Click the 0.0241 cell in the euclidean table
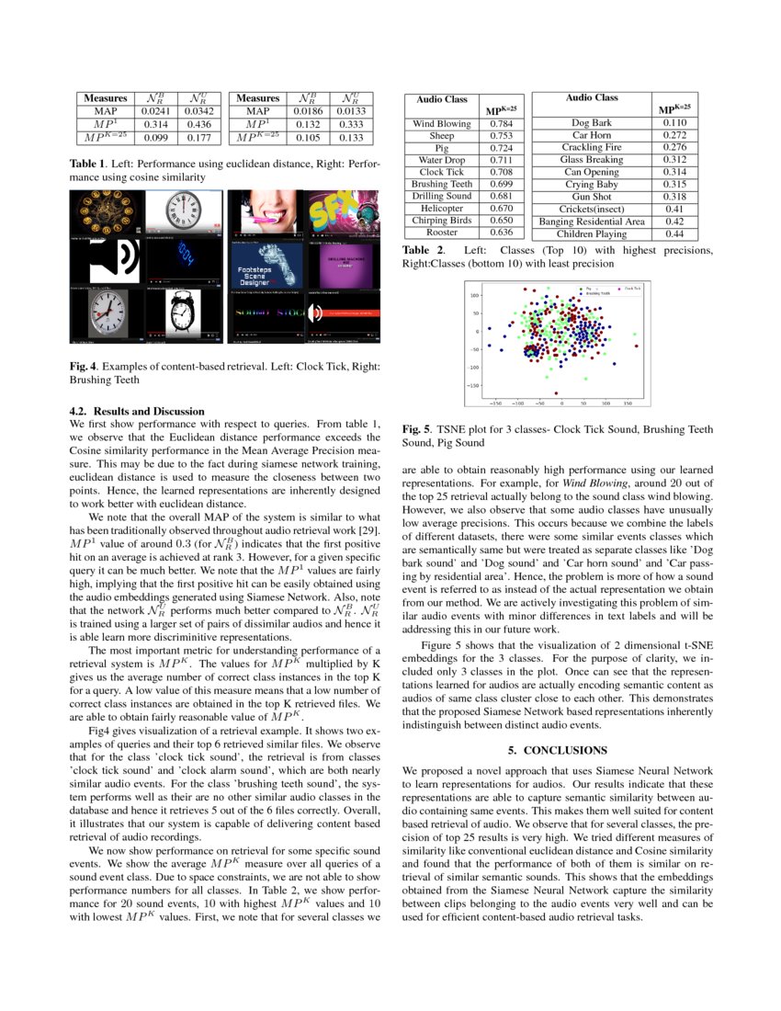pyautogui.click(x=154, y=111)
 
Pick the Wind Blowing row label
pyautogui.click(x=442, y=123)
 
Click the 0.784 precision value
pyautogui.click(x=501, y=123)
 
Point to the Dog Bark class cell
pyautogui.click(x=591, y=122)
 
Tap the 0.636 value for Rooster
pyautogui.click(x=501, y=233)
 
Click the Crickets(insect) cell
pyautogui.click(x=591, y=209)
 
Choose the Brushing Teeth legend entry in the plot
pyautogui.click(x=599, y=293)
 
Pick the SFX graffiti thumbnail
pyautogui.click(x=340, y=214)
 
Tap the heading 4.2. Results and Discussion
pyautogui.click(x=137, y=411)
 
